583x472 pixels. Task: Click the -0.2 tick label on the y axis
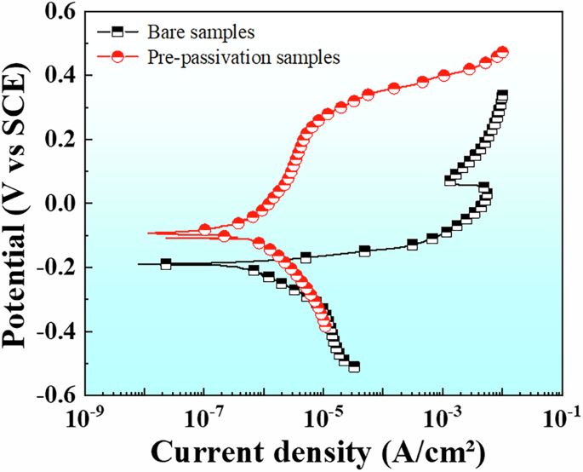pyautogui.click(x=52, y=268)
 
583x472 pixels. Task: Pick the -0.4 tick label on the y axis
pyautogui.click(x=52, y=331)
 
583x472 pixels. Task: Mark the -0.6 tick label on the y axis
pyautogui.click(x=52, y=395)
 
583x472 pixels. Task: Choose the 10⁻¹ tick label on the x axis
pyautogui.click(x=561, y=418)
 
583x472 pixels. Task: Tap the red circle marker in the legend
pyautogui.click(x=120, y=57)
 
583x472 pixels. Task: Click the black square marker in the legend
pyautogui.click(x=120, y=32)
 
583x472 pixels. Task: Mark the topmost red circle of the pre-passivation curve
pyautogui.click(x=502, y=53)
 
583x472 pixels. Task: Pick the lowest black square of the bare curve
pyautogui.click(x=354, y=367)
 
